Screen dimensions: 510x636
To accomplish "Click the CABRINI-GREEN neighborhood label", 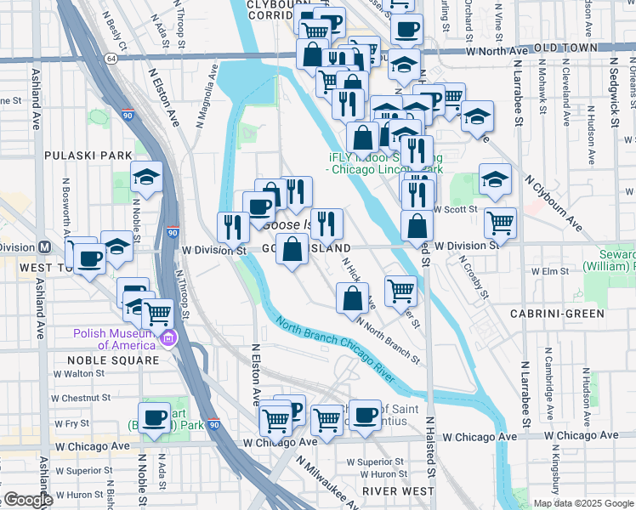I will tap(569, 314).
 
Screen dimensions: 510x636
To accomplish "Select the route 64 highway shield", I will tap(112, 58).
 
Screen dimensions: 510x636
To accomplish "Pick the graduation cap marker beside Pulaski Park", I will tap(147, 178).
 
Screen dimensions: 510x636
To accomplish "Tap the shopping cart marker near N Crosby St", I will tap(501, 224).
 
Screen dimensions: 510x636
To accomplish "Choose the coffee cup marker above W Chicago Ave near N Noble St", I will tap(154, 417).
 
